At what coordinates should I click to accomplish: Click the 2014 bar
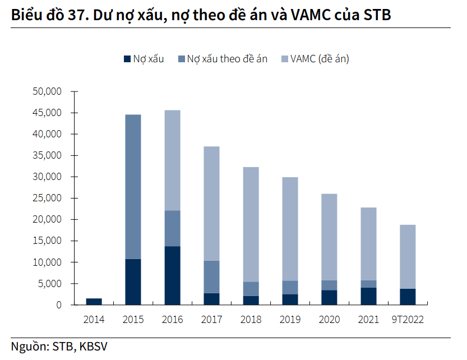pyautogui.click(x=94, y=302)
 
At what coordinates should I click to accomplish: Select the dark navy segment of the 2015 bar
pyautogui.click(x=133, y=281)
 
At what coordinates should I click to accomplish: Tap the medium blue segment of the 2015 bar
pyautogui.click(x=133, y=187)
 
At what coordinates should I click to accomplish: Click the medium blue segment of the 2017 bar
pyautogui.click(x=211, y=277)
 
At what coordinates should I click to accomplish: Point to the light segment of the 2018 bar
pyautogui.click(x=251, y=224)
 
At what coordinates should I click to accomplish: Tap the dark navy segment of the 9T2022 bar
pyautogui.click(x=408, y=297)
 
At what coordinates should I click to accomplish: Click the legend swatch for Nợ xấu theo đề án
pyautogui.click(x=181, y=58)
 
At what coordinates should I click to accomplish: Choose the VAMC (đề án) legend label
pyautogui.click(x=319, y=58)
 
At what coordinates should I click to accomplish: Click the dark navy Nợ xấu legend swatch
pyautogui.click(x=127, y=58)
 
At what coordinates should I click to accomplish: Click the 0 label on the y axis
pyautogui.click(x=58, y=305)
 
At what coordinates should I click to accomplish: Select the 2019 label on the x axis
pyautogui.click(x=290, y=320)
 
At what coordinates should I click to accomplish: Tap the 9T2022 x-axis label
pyautogui.click(x=408, y=320)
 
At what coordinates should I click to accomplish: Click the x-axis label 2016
pyautogui.click(x=172, y=320)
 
